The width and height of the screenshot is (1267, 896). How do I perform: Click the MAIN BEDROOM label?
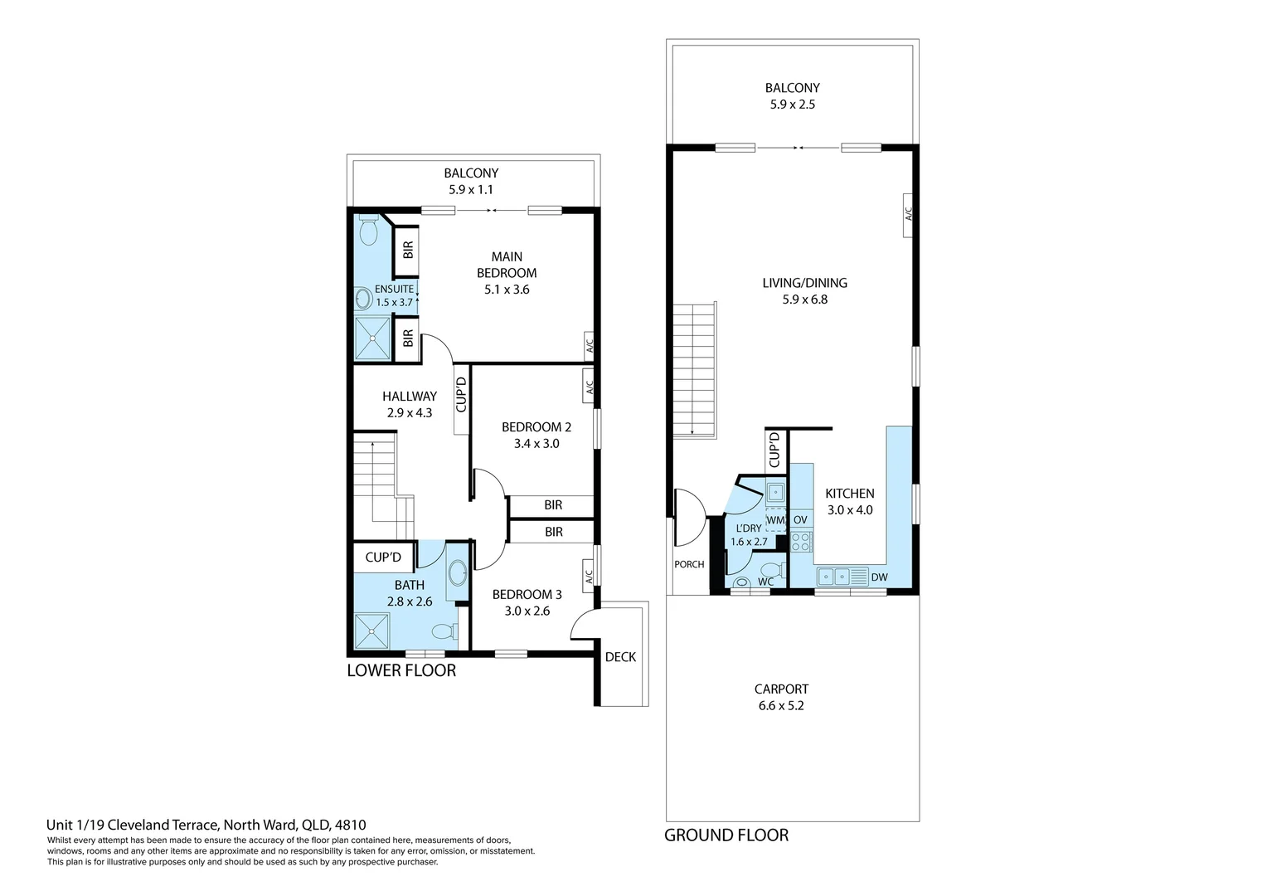(507, 265)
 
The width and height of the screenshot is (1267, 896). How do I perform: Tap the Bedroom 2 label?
(536, 427)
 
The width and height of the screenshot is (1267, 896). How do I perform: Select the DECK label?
(620, 657)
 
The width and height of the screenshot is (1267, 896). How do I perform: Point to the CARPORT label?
(781, 689)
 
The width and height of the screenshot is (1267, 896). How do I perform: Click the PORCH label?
(689, 564)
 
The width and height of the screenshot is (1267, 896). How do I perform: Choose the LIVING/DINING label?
(804, 283)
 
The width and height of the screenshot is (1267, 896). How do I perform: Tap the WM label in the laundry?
(775, 520)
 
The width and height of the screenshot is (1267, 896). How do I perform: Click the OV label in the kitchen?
(800, 520)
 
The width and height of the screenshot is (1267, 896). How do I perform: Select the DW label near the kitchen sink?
(880, 577)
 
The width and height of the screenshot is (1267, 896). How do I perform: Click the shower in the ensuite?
(372, 338)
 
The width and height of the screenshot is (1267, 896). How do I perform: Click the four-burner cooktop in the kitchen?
(801, 543)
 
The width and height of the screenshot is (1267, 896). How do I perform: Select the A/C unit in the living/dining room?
(909, 214)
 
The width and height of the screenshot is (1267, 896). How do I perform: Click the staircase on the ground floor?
(693, 370)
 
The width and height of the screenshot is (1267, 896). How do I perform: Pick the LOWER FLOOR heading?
(401, 670)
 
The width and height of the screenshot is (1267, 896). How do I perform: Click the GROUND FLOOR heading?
(726, 835)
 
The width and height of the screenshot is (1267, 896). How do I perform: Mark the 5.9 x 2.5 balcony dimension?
(793, 105)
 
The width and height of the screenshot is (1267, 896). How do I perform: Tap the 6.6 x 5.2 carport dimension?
(781, 706)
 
